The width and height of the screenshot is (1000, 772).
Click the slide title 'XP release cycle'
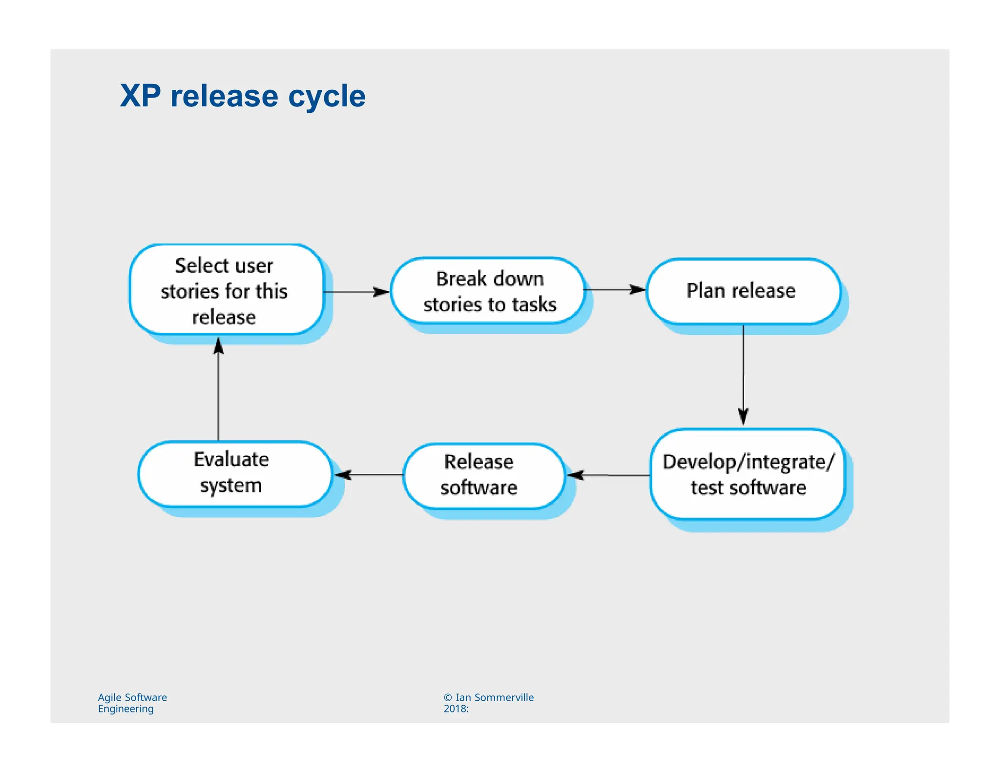pos(243,96)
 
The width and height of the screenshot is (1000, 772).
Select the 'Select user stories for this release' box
pos(226,290)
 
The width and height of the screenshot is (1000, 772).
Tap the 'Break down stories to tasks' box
pos(488,291)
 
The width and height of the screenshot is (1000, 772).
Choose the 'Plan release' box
pos(742,291)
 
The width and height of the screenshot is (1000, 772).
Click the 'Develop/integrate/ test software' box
pos(748,474)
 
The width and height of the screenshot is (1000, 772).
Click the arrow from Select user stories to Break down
pos(356,292)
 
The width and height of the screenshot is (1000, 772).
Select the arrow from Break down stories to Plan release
pos(615,290)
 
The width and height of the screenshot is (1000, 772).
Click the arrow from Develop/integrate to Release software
pos(608,475)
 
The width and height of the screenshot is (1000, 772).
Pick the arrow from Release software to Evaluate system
pos(369,474)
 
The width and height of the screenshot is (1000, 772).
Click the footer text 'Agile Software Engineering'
pos(132,703)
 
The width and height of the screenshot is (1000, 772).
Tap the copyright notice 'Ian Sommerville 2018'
pos(488,703)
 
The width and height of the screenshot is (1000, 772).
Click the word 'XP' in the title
pos(140,96)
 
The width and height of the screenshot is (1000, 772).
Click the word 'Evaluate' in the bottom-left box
pos(231,460)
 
